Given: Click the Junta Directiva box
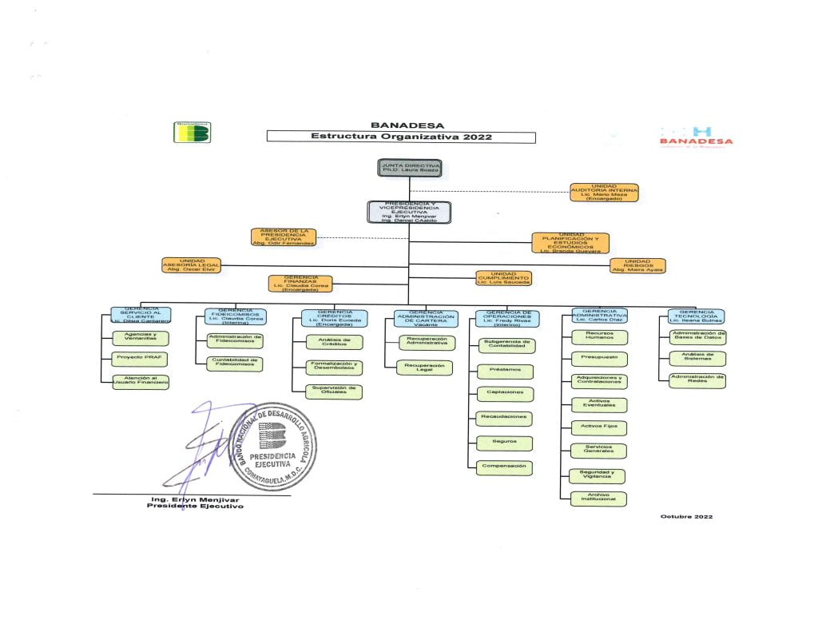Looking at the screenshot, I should [x=410, y=168].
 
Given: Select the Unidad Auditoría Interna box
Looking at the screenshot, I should [x=604, y=193].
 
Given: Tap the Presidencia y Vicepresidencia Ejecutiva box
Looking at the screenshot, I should [x=409, y=212].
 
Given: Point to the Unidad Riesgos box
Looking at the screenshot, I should [x=637, y=266].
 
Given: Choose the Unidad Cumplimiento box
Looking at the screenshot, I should [x=503, y=279].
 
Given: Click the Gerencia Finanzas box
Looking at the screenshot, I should [x=300, y=283].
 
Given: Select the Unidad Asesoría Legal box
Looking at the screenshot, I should [x=192, y=266].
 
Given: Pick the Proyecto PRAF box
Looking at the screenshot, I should [x=140, y=357].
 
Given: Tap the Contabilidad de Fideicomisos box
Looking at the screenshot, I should [x=234, y=362].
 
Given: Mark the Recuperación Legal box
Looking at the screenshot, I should [x=426, y=368].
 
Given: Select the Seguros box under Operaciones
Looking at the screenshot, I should [x=505, y=442].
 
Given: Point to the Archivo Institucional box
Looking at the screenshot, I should [x=598, y=499].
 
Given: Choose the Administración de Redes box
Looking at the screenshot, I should [x=697, y=380].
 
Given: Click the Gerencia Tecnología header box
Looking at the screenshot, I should [x=697, y=316].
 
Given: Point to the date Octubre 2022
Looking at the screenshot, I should [x=686, y=516].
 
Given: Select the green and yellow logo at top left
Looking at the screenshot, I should [x=192, y=132].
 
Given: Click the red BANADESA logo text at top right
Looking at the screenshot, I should [x=696, y=141].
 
